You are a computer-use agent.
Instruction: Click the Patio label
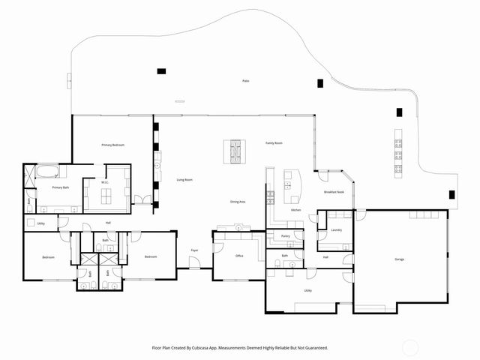point(245,80)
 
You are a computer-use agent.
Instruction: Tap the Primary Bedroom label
point(113,144)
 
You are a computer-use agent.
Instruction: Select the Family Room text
point(274,142)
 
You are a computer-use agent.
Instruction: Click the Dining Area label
point(239,202)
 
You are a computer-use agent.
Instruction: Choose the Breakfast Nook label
point(334,193)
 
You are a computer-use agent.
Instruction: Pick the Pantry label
point(285,236)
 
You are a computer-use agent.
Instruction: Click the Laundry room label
point(336,230)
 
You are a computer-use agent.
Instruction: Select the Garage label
point(400,259)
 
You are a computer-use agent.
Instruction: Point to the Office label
point(239,256)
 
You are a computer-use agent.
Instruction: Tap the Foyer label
point(194,250)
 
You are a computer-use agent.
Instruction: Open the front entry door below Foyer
point(194,265)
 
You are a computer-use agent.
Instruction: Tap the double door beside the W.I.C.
point(142,200)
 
